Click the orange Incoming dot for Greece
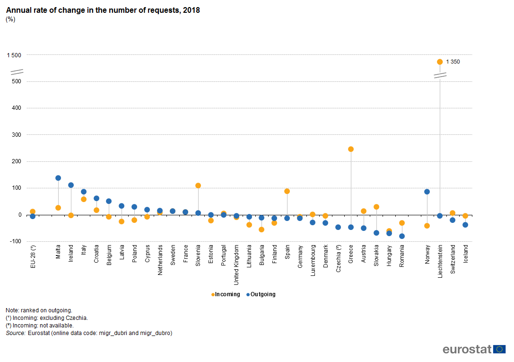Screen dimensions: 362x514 click(351, 149)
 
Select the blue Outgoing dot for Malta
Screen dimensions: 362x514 click(58, 178)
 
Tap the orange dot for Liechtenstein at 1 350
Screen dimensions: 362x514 click(440, 62)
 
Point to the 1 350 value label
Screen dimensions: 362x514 click(453, 62)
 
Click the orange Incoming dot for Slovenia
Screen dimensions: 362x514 click(198, 185)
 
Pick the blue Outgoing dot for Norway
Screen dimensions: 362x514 click(427, 192)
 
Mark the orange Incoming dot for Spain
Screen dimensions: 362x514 click(287, 191)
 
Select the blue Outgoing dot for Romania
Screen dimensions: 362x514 click(402, 236)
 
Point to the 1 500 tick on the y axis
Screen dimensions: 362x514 click(14, 55)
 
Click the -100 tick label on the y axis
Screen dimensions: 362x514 click(15, 241)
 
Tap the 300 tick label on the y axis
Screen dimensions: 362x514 click(17, 135)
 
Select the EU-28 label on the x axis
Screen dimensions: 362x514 click(33, 256)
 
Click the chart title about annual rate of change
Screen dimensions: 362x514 click(103, 10)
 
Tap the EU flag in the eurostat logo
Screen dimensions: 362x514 click(499, 349)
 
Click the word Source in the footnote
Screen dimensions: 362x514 click(15, 333)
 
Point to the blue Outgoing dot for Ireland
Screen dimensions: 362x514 click(71, 185)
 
